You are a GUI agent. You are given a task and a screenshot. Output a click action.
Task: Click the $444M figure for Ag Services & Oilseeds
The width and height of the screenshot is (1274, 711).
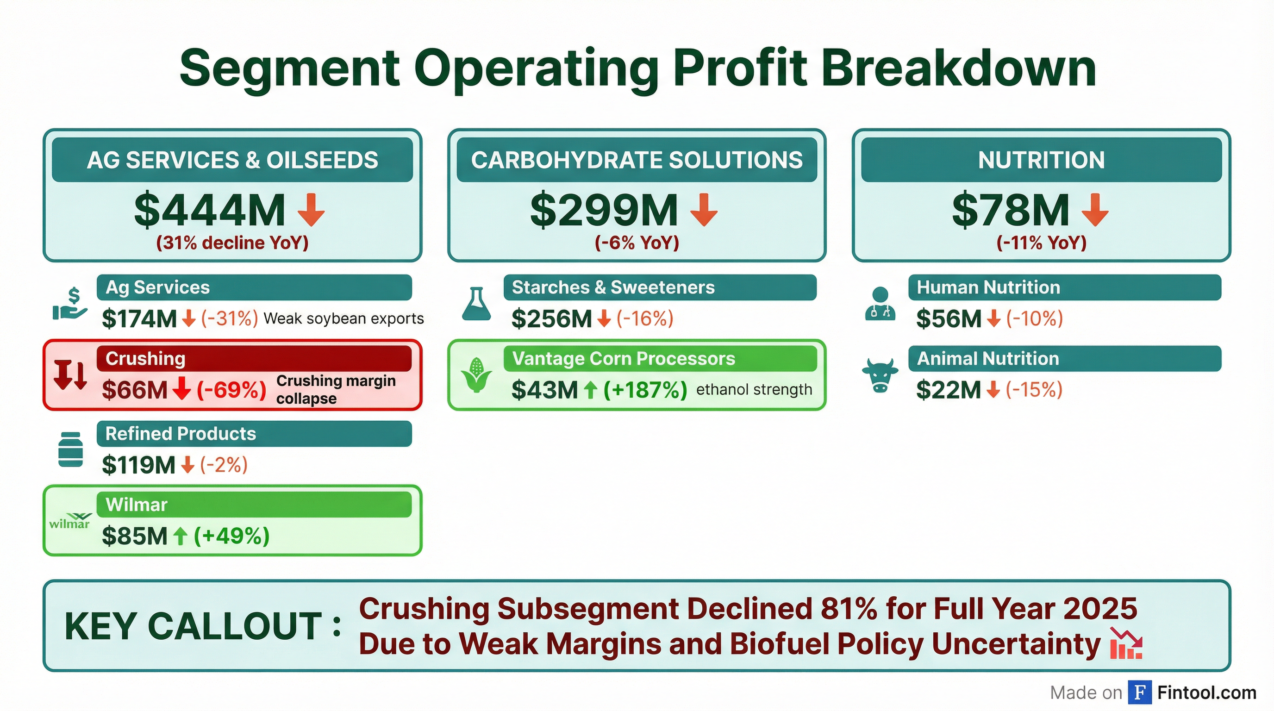click(210, 210)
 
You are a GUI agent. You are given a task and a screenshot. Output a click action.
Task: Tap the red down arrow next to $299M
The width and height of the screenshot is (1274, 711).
click(704, 210)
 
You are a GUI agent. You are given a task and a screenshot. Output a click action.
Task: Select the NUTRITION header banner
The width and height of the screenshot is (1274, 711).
click(1041, 160)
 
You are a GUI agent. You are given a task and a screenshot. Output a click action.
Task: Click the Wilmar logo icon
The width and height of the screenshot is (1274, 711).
click(70, 521)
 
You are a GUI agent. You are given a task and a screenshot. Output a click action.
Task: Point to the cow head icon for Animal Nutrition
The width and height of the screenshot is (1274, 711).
click(880, 376)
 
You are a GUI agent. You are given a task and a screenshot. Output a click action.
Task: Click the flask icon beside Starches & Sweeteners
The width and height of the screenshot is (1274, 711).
click(476, 304)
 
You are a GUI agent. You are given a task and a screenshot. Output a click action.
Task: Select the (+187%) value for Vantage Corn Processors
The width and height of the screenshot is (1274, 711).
click(645, 390)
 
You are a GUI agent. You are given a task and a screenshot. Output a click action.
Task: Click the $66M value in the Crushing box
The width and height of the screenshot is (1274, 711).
click(135, 390)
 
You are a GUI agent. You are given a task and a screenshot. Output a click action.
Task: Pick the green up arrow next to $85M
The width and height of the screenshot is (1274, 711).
click(181, 536)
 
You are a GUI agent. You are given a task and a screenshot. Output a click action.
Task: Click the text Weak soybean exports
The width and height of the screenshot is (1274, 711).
click(343, 318)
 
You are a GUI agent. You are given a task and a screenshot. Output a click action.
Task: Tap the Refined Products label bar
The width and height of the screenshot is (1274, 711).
click(254, 434)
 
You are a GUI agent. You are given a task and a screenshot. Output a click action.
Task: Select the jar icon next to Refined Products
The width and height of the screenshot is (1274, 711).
click(71, 449)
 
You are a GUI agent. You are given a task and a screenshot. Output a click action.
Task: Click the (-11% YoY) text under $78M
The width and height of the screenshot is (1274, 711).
click(1041, 243)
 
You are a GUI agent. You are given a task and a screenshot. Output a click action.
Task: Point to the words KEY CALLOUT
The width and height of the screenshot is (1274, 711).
click(194, 626)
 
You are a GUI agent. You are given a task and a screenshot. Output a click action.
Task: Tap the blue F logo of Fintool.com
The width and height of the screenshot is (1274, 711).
click(1139, 692)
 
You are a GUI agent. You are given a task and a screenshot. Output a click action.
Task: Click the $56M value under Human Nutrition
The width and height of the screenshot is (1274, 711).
click(948, 318)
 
